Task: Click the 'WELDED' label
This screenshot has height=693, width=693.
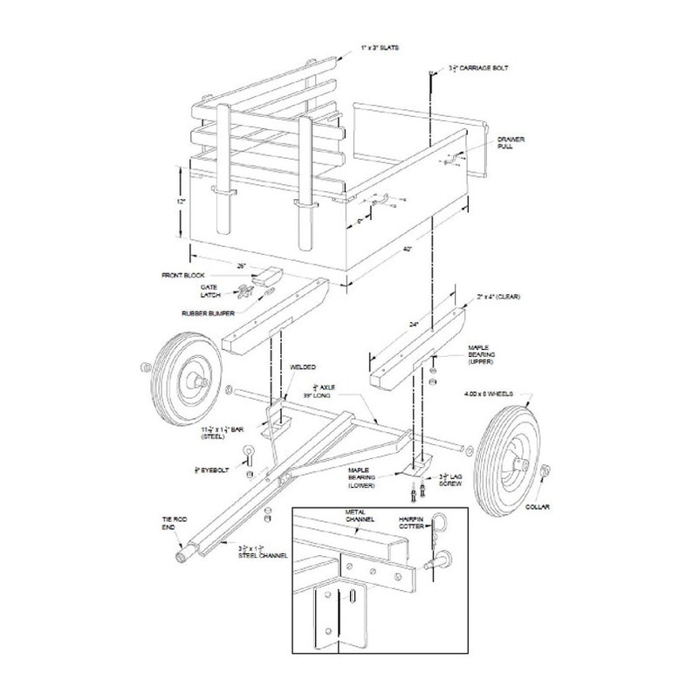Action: coord(304,367)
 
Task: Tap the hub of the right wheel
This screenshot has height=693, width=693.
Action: coord(515,456)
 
